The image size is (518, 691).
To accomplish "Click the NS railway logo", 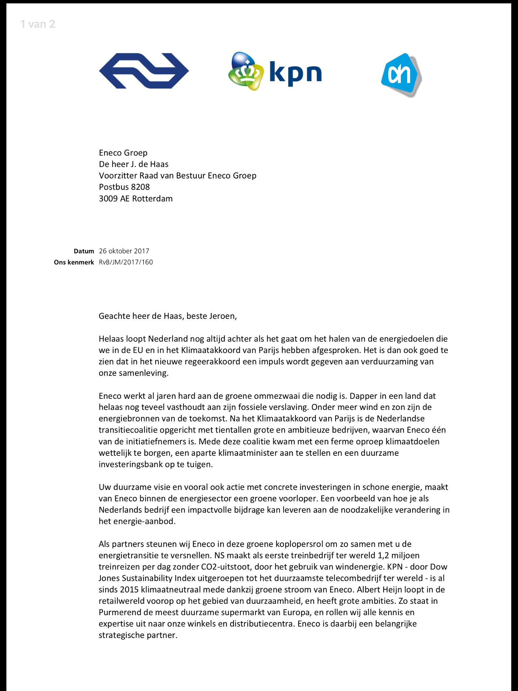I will click(x=144, y=71).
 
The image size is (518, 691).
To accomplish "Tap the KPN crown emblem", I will click(x=246, y=71).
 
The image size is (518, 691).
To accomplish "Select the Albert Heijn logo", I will click(x=401, y=75).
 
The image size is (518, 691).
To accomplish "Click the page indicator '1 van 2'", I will click(x=38, y=24).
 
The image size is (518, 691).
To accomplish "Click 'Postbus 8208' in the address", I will click(x=124, y=187).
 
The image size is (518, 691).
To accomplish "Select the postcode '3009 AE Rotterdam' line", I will click(x=136, y=198).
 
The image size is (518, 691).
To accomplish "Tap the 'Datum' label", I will click(x=84, y=251).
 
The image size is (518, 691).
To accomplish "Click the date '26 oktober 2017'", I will click(x=124, y=251).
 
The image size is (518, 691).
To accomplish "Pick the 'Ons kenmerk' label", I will click(x=74, y=262).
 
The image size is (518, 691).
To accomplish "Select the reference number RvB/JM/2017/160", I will click(x=126, y=262).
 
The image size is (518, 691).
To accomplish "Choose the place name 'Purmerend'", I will click(x=117, y=612).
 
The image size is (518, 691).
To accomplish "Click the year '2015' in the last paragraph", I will click(x=129, y=590).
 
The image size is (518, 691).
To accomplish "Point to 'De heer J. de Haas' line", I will click(x=134, y=164).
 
